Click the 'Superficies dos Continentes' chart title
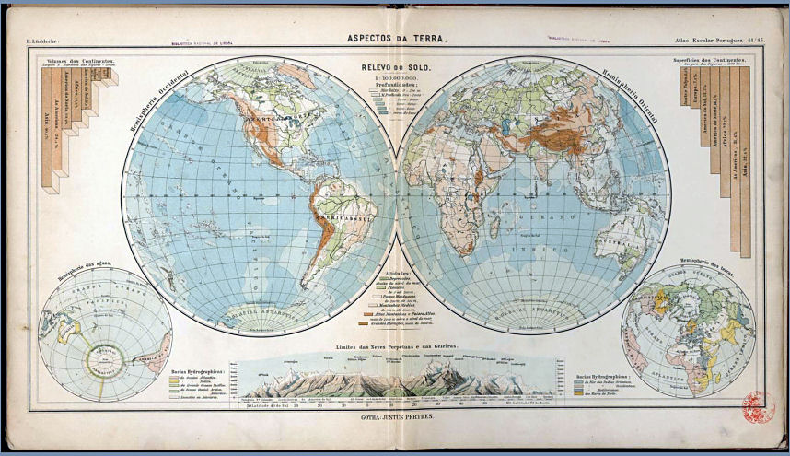tap(714, 60)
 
